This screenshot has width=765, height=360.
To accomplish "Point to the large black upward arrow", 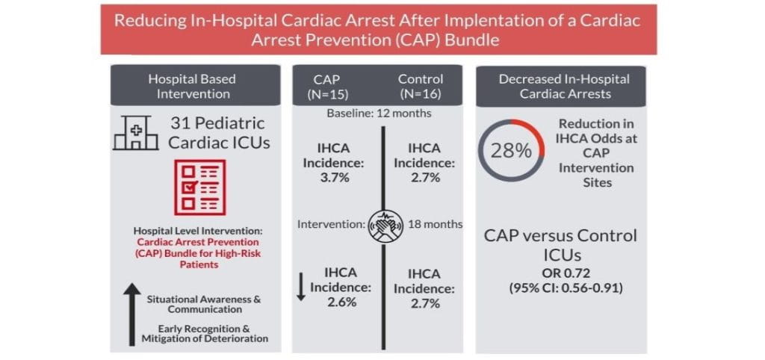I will (129, 314).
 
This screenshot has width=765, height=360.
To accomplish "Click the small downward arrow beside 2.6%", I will (301, 288).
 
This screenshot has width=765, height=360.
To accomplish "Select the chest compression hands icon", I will (386, 224).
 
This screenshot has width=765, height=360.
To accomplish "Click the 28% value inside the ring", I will (512, 149).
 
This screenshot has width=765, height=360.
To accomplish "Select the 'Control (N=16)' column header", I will (420, 86).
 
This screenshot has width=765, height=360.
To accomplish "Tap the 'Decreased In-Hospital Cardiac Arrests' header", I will (564, 86).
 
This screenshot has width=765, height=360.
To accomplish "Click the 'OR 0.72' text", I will (560, 272).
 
